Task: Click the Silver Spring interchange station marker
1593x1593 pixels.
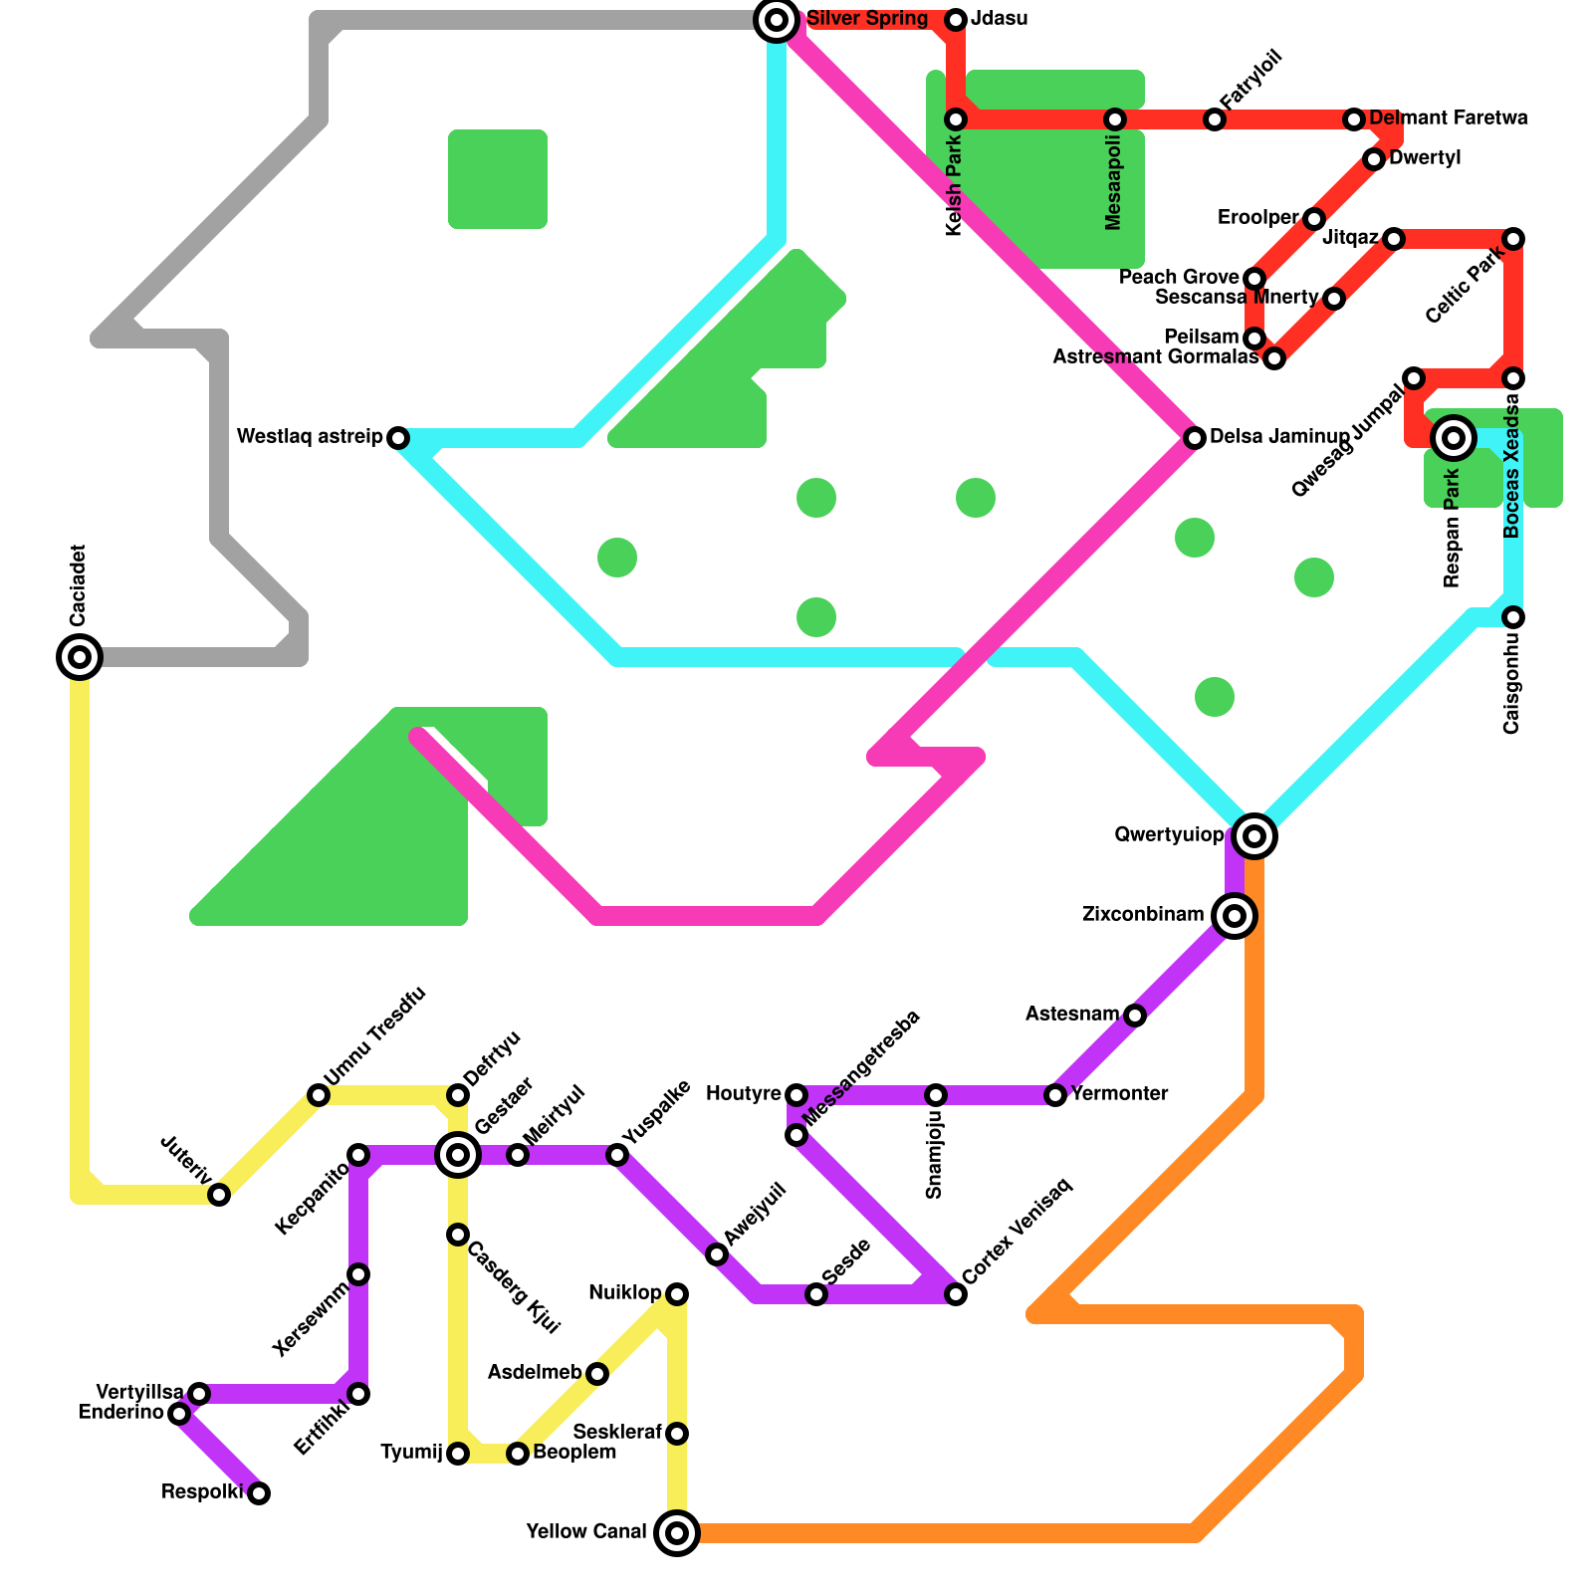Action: tap(777, 20)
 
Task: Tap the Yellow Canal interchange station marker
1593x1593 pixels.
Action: tap(677, 1533)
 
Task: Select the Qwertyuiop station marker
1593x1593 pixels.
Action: tap(1254, 836)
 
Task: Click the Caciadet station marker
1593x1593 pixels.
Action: tap(80, 657)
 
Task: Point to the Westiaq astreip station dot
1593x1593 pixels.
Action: tap(398, 438)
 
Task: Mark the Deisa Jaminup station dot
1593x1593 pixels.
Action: tap(1195, 438)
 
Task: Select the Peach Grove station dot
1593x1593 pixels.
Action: tap(1254, 279)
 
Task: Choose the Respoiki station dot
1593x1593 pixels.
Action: tap(259, 1493)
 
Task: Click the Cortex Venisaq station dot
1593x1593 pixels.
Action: tap(956, 1294)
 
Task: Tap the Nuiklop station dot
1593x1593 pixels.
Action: tap(677, 1294)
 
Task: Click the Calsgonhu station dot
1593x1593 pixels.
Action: tap(1513, 617)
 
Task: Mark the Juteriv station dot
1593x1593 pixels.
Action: tap(219, 1195)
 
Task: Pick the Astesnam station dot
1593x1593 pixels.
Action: tap(1135, 1016)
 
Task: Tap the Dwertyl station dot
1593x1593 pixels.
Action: tap(1374, 159)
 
